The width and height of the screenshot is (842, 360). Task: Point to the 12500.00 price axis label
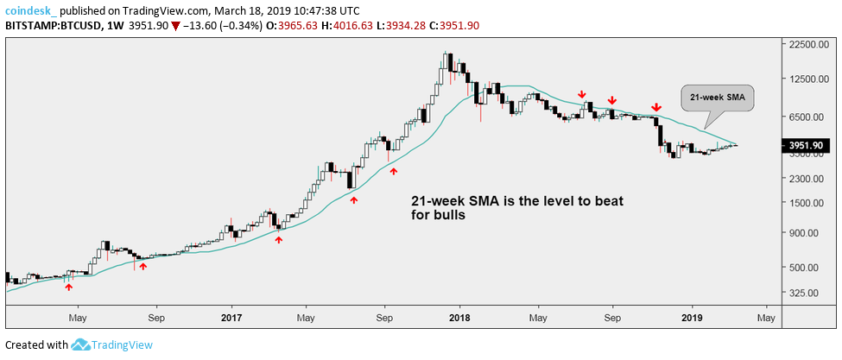807,80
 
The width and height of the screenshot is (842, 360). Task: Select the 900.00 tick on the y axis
804,233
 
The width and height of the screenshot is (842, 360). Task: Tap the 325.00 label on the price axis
804,294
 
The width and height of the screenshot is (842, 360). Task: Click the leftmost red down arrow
582,94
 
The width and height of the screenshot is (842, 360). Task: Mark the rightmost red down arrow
656,107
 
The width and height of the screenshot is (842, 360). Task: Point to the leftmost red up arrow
69,287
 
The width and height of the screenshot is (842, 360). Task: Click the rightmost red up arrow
394,171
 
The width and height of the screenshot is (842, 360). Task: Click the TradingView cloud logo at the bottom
81,345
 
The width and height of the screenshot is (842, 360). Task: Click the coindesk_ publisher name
33,9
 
